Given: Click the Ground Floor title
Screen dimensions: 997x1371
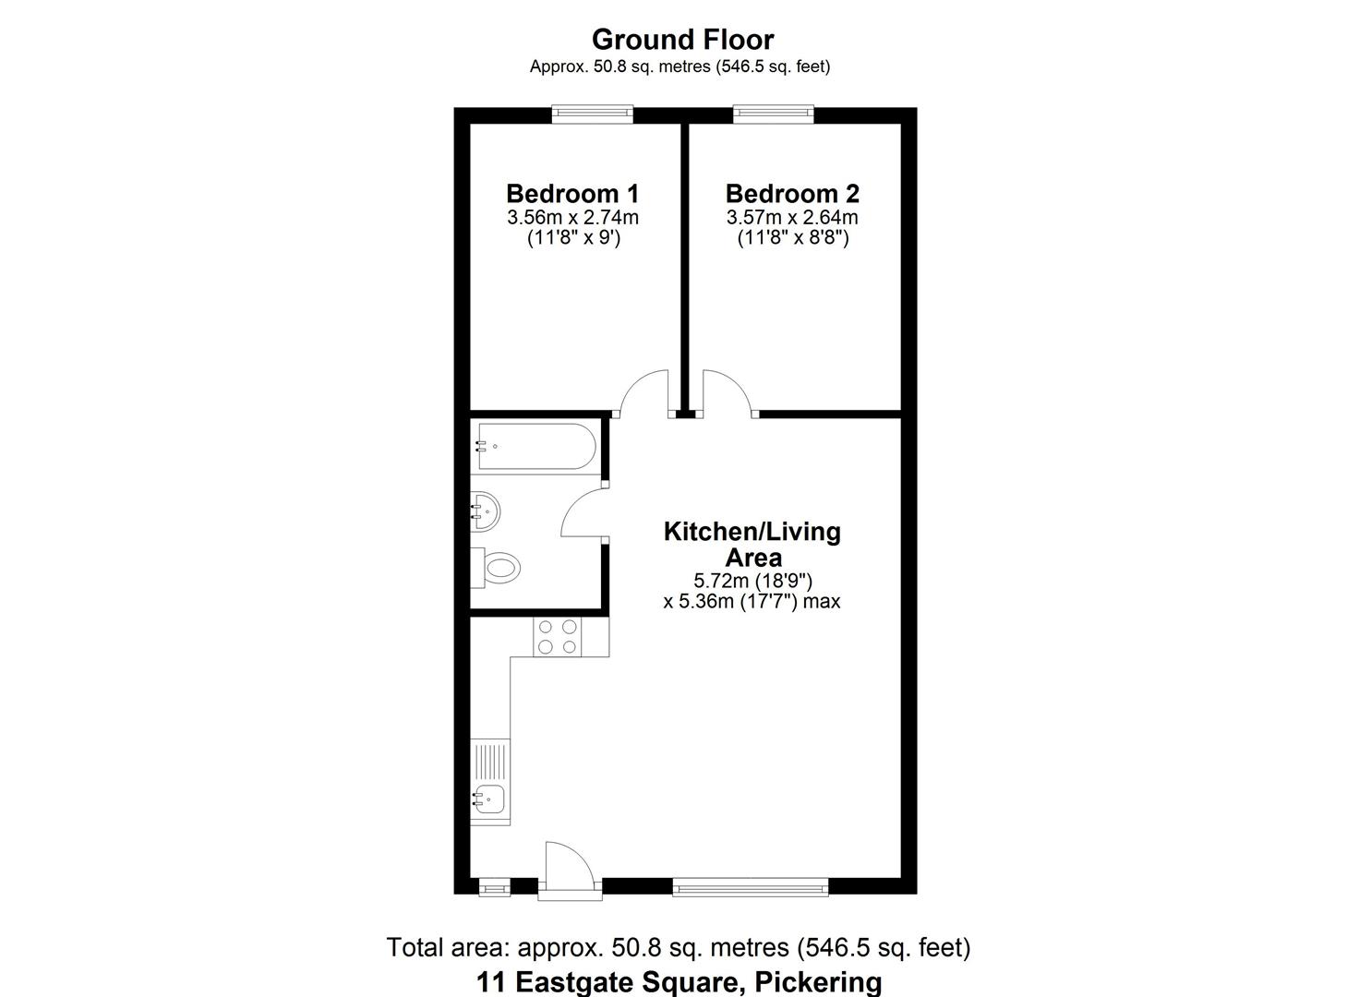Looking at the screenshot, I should (682, 40).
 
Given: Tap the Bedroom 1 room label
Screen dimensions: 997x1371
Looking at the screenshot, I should (572, 194).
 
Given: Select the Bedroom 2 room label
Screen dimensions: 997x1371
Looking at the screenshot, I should (792, 194).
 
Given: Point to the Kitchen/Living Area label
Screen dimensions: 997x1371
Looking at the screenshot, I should (752, 545).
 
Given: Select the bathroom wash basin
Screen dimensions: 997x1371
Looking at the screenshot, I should (486, 509).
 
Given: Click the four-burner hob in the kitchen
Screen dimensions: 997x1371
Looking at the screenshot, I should (558, 636).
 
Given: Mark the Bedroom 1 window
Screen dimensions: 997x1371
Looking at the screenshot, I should (593, 114).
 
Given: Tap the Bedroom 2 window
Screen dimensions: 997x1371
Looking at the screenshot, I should (774, 114).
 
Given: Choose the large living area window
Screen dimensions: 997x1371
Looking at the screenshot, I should (751, 888).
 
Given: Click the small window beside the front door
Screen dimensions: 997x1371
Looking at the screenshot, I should (495, 888).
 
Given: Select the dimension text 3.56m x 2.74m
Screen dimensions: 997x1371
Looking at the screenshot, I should (572, 218).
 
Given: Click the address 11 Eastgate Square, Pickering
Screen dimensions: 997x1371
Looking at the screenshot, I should (679, 981).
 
